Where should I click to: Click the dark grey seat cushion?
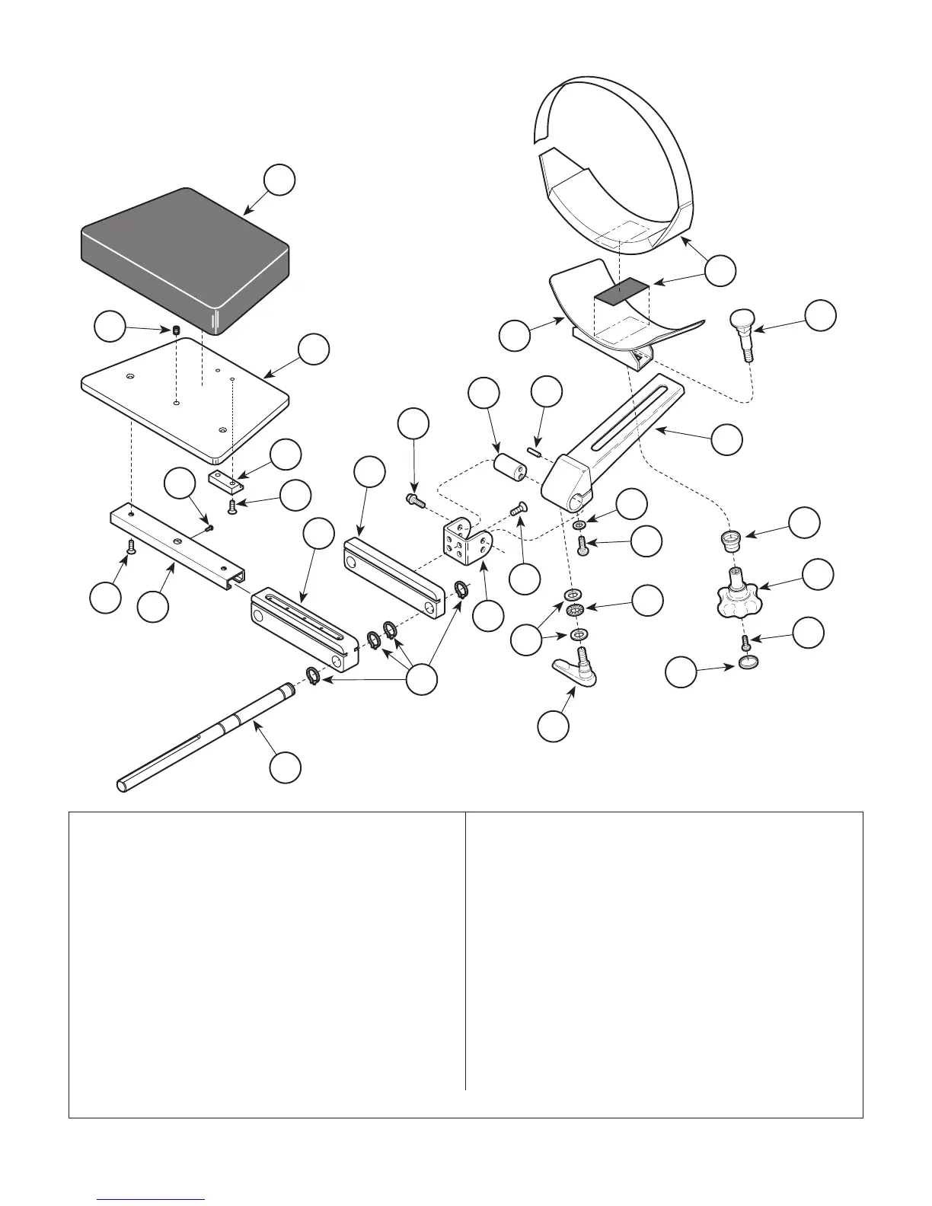coord(183,255)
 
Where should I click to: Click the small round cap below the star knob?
coord(748,664)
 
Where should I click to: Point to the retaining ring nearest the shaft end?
coord(313,674)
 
